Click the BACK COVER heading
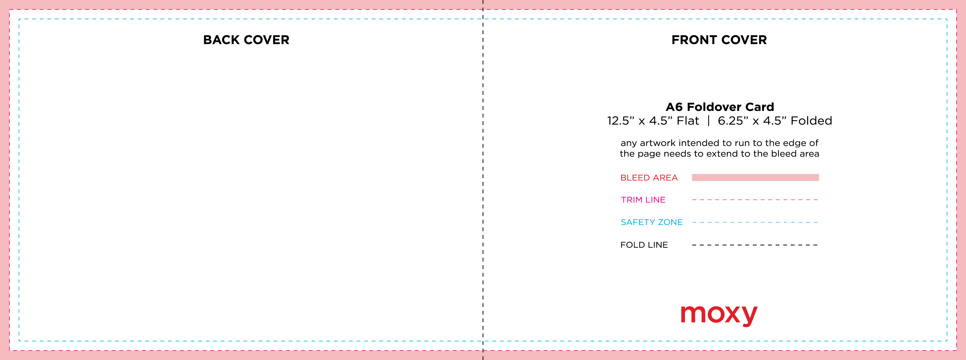tap(246, 40)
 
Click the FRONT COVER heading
tap(719, 40)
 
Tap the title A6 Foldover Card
tap(720, 107)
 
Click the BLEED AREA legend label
tap(649, 178)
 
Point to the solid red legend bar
tap(755, 177)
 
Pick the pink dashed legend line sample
tap(755, 200)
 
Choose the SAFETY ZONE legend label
tap(651, 222)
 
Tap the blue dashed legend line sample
tap(755, 222)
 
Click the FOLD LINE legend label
tap(644, 245)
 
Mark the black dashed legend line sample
tap(755, 245)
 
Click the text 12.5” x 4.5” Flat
tap(653, 121)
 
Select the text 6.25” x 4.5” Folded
tap(775, 121)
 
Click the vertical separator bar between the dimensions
tap(708, 121)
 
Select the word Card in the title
tap(759, 107)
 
